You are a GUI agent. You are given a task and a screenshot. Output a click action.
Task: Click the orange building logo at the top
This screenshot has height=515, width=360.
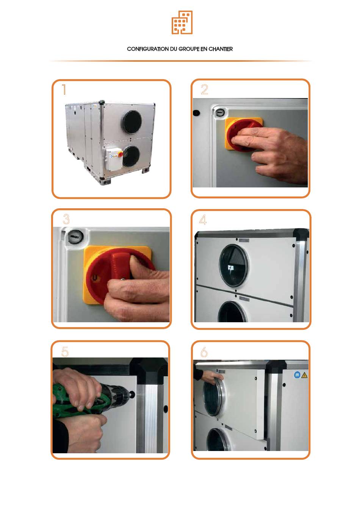[182, 22]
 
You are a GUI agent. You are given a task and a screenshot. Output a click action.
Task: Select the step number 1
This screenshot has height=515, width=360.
[64, 89]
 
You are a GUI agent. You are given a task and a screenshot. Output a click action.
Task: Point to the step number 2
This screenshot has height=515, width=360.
[204, 89]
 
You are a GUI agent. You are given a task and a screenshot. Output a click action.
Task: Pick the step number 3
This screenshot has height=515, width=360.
[66, 219]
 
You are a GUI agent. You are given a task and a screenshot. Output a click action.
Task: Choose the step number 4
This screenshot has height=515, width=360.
[203, 220]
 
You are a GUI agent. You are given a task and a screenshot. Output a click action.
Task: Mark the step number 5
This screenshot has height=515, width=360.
[65, 351]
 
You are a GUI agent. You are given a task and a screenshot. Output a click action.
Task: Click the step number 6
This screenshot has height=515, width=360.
[204, 352]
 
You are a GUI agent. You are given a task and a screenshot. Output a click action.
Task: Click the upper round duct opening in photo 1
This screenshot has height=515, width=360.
[132, 122]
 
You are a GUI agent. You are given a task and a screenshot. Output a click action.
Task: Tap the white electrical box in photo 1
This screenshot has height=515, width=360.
[114, 159]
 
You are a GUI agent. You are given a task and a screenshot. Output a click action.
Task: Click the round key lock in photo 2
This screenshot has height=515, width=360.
[220, 113]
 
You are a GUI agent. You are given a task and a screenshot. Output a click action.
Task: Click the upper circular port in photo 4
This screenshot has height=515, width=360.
[234, 265]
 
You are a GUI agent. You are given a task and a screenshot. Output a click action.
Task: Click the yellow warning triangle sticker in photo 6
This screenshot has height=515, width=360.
[304, 375]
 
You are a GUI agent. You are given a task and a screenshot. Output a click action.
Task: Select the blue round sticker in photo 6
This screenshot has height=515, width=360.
[297, 375]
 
